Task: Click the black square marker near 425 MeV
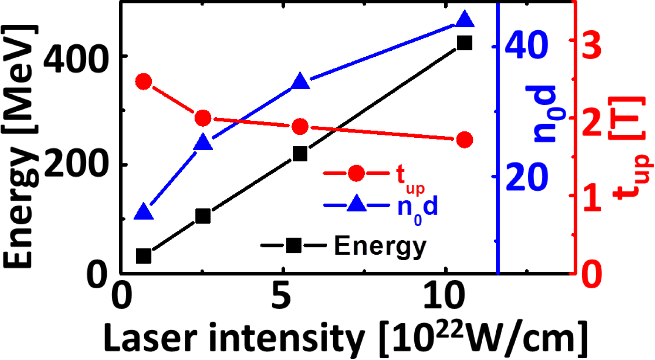point(464,43)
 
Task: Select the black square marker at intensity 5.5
point(300,154)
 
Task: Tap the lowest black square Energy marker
point(144,256)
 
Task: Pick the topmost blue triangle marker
point(464,20)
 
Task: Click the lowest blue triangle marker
point(144,212)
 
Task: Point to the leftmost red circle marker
point(144,81)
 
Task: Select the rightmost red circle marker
point(464,140)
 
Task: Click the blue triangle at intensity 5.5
point(300,81)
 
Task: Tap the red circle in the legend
point(356,173)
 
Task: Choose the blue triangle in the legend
point(356,206)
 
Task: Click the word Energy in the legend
point(380,246)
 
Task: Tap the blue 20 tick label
point(526,177)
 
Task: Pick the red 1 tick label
point(591,197)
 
